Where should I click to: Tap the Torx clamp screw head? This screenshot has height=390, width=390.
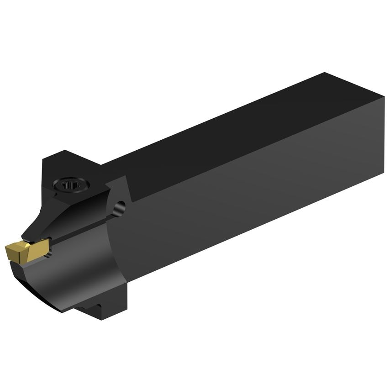coord(71,185)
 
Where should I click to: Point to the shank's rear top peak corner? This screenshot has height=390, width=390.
coord(325,73)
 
